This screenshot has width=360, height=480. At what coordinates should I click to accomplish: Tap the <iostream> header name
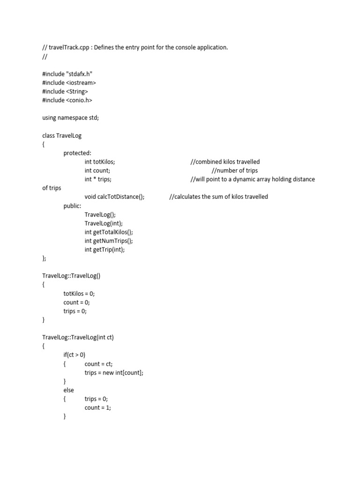[81, 83]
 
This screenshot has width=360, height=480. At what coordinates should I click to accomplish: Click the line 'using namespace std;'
[70, 118]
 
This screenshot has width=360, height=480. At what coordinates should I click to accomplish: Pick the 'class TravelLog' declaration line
[62, 135]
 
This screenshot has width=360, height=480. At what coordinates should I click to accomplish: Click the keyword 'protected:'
[77, 153]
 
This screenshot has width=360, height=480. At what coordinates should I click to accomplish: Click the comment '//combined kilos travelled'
[225, 162]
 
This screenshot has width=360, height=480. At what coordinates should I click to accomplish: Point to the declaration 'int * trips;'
[98, 180]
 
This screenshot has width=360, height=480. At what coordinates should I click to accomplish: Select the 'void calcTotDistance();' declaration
[115, 197]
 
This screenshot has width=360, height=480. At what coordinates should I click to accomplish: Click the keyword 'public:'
[72, 206]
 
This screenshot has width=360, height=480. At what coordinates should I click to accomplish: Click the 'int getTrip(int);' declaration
[105, 250]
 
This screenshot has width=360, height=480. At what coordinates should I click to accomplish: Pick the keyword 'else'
[69, 390]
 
